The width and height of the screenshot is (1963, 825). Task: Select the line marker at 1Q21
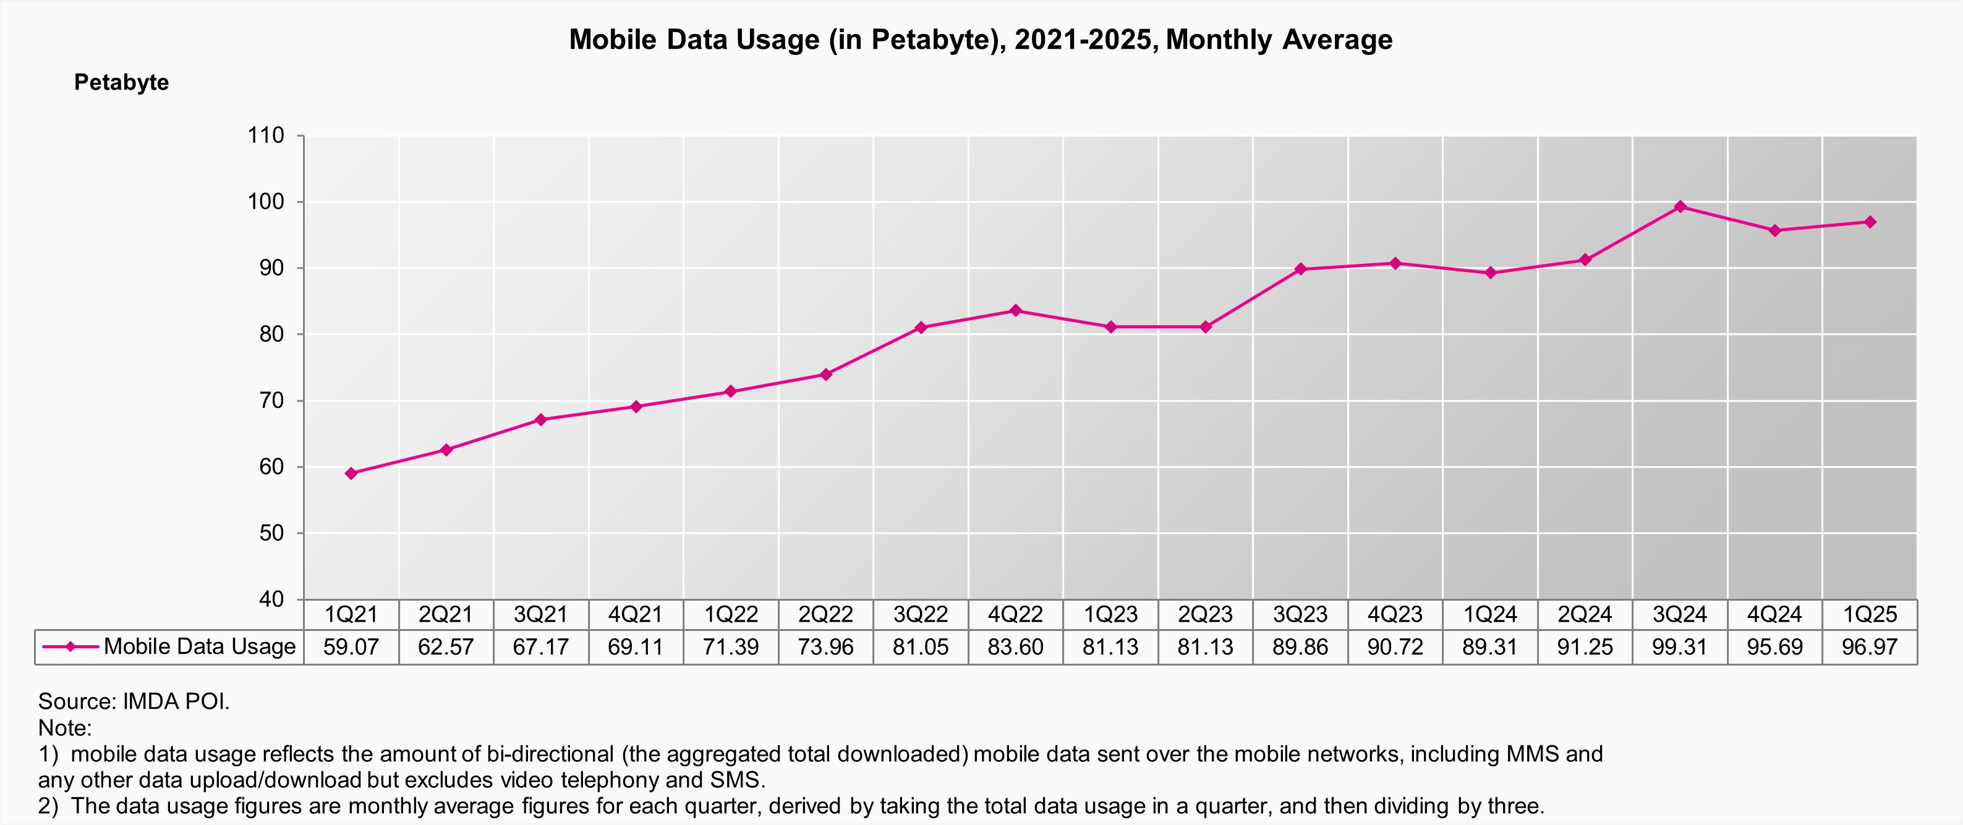click(x=351, y=473)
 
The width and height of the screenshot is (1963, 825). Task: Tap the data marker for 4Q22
click(x=1015, y=310)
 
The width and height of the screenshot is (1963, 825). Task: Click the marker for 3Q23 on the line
click(x=1300, y=269)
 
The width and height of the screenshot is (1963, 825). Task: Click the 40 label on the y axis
click(x=271, y=599)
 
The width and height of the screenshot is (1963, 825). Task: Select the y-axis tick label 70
click(x=271, y=400)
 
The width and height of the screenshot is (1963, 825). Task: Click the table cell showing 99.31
click(x=1679, y=648)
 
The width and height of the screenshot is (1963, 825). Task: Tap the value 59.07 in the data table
click(x=351, y=648)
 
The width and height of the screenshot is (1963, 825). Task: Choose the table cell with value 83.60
click(x=1015, y=648)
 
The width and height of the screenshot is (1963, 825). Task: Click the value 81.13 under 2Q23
click(x=1205, y=648)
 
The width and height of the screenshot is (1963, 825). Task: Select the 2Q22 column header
click(x=825, y=614)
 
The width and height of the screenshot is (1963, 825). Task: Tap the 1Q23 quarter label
click(x=1110, y=614)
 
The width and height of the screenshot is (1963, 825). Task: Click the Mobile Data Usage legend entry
click(x=199, y=647)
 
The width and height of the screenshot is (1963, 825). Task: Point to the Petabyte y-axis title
click(x=121, y=82)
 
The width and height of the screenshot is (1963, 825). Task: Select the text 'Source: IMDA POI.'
click(x=134, y=701)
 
